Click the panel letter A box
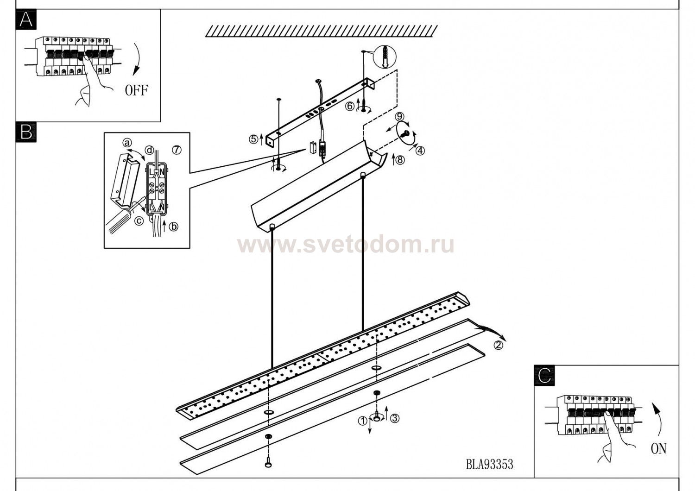point(26,20)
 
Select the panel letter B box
point(26,132)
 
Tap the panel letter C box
point(544,375)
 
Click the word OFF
point(137,90)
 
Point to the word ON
point(658,448)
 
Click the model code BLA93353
point(490,464)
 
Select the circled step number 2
point(498,345)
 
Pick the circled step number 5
point(253,138)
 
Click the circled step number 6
point(351,106)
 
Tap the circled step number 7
point(177,150)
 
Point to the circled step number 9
point(399,116)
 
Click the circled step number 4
point(420,150)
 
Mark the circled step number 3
point(394,418)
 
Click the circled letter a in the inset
point(127,143)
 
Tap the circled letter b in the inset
point(173,227)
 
